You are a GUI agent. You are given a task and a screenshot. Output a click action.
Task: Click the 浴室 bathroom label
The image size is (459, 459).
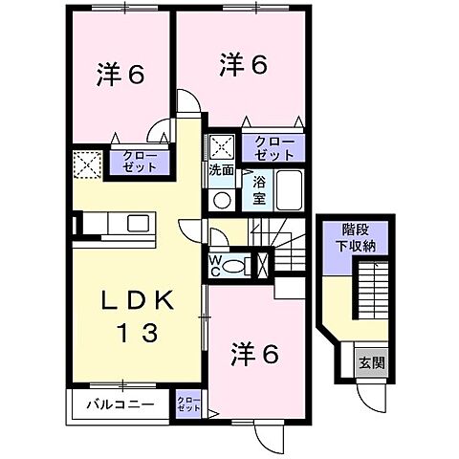258,187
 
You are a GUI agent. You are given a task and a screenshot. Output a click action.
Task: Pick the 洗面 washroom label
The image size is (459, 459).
221,168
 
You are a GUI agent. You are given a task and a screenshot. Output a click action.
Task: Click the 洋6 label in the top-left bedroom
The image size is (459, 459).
120,75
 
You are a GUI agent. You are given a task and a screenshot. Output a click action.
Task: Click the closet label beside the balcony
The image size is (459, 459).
187,404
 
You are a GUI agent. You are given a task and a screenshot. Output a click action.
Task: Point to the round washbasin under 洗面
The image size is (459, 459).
222,199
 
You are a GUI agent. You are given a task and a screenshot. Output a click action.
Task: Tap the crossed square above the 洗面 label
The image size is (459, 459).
224,145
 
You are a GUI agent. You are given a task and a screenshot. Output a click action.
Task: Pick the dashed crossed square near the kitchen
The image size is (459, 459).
87,164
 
